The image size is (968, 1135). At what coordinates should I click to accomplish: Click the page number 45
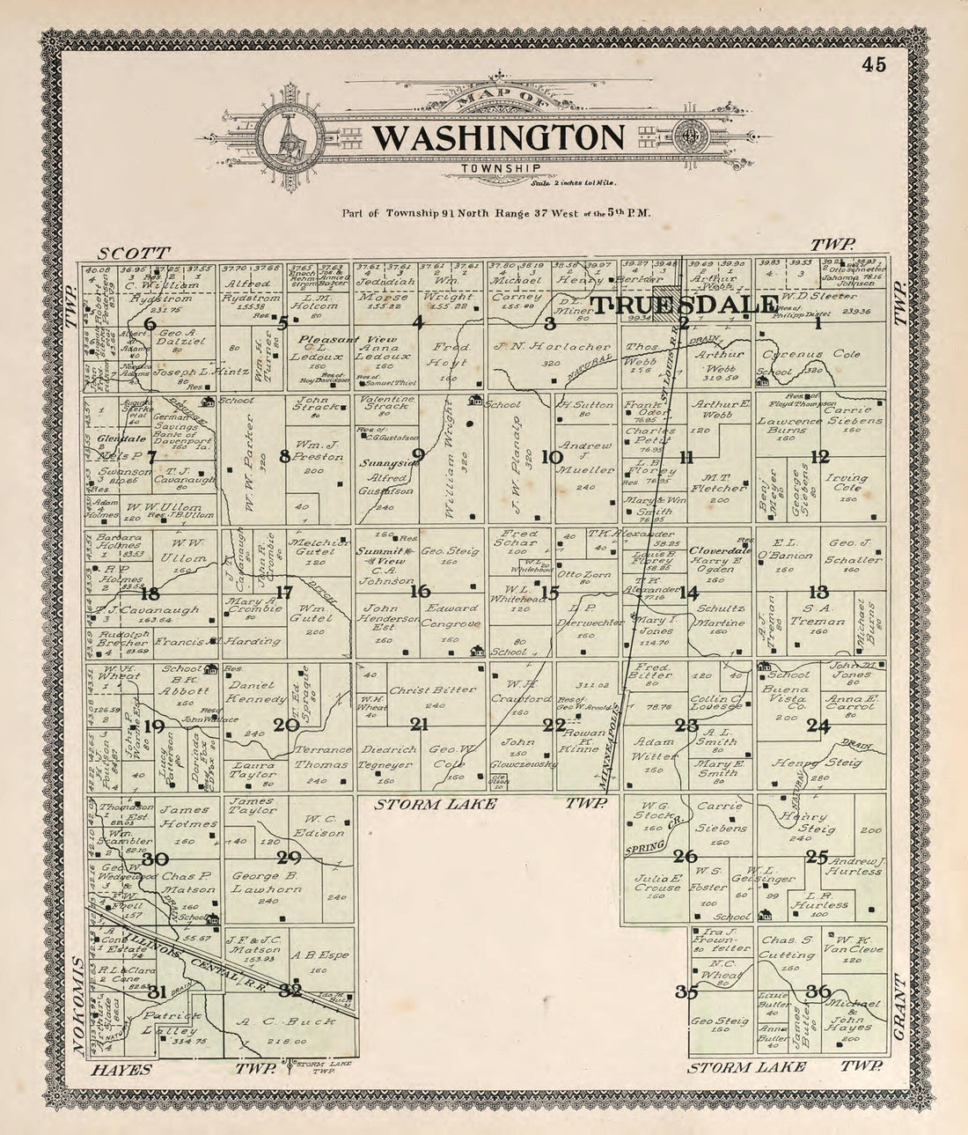click(874, 64)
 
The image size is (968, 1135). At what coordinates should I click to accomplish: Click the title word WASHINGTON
click(498, 137)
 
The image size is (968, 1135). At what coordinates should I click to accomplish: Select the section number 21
click(419, 725)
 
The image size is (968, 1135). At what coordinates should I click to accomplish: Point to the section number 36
click(818, 991)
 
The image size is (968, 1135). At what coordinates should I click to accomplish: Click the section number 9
click(419, 455)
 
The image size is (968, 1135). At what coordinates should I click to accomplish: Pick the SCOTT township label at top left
click(133, 251)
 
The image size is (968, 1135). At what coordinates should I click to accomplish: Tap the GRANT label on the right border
click(899, 1006)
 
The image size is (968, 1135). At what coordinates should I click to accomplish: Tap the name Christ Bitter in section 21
click(420, 690)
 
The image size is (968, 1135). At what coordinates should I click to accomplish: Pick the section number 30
click(155, 859)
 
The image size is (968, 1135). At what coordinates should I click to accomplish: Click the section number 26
click(686, 857)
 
